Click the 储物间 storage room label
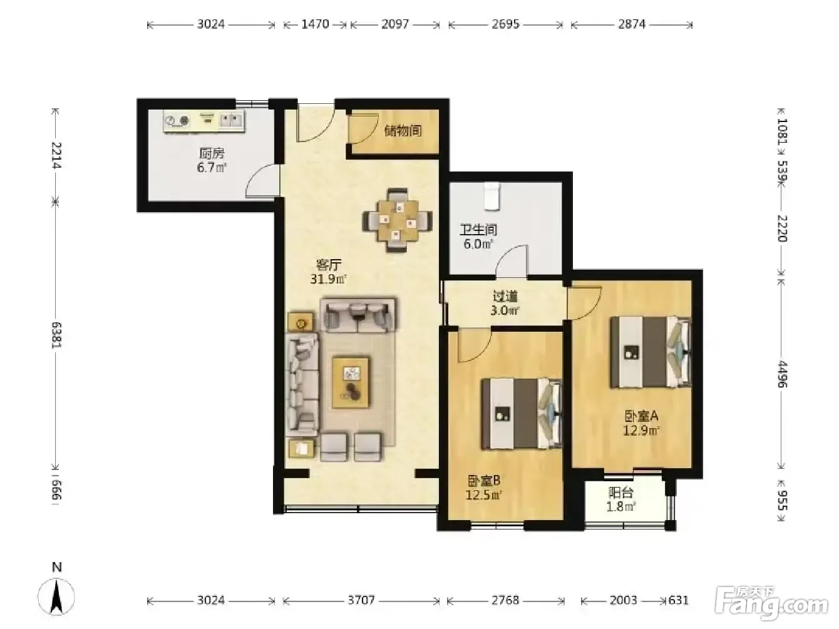[403, 131]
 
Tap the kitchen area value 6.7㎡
[212, 168]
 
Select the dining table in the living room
[397, 220]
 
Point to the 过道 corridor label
[505, 296]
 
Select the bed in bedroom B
[522, 413]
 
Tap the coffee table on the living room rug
[351, 382]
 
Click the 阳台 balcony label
[620, 493]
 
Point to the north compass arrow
[57, 596]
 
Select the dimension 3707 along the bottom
[361, 600]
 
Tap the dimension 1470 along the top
[315, 24]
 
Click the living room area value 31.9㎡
[328, 279]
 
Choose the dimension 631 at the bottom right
[679, 600]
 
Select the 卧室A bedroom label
[641, 416]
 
